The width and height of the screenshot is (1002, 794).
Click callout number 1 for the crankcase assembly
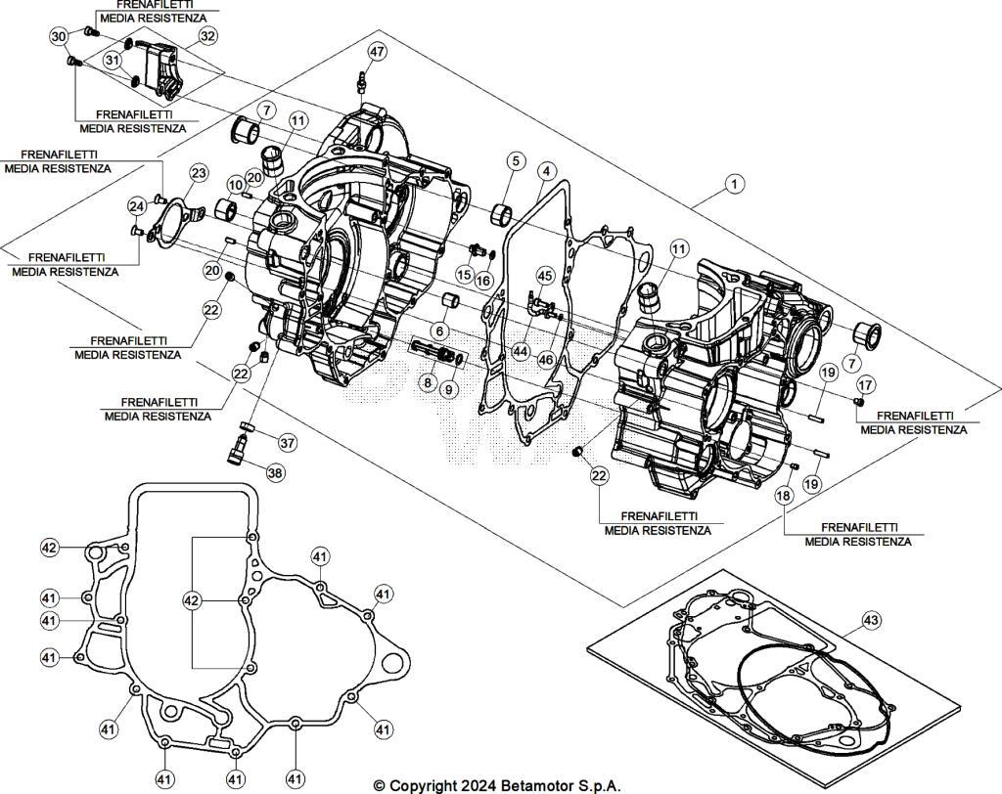point(735,182)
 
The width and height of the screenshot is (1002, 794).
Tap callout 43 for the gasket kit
point(871,620)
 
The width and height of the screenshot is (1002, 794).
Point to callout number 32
point(207,35)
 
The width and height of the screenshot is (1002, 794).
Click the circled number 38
point(275,472)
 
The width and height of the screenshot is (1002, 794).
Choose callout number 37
point(287,443)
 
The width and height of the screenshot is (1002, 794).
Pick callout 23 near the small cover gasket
point(199,173)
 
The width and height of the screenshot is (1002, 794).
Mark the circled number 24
point(138,205)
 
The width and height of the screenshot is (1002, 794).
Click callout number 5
point(515,161)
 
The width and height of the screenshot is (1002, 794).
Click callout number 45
point(545,276)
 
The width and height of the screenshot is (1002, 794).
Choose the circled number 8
point(428,382)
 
